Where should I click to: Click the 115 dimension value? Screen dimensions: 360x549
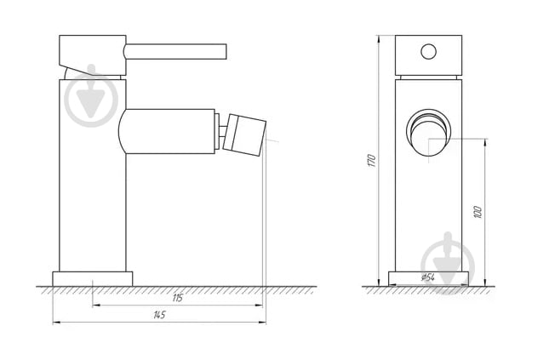[x=178, y=298]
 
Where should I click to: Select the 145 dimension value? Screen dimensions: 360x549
[x=159, y=315]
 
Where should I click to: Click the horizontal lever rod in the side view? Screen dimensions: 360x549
[x=177, y=53]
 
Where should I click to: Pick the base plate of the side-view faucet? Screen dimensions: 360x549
[x=93, y=278]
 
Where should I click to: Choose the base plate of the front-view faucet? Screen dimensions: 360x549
[x=429, y=278]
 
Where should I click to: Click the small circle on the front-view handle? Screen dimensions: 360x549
[x=429, y=51]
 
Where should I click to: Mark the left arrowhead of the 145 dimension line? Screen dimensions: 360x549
[x=56, y=323]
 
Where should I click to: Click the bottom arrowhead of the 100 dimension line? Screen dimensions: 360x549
[x=484, y=283]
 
